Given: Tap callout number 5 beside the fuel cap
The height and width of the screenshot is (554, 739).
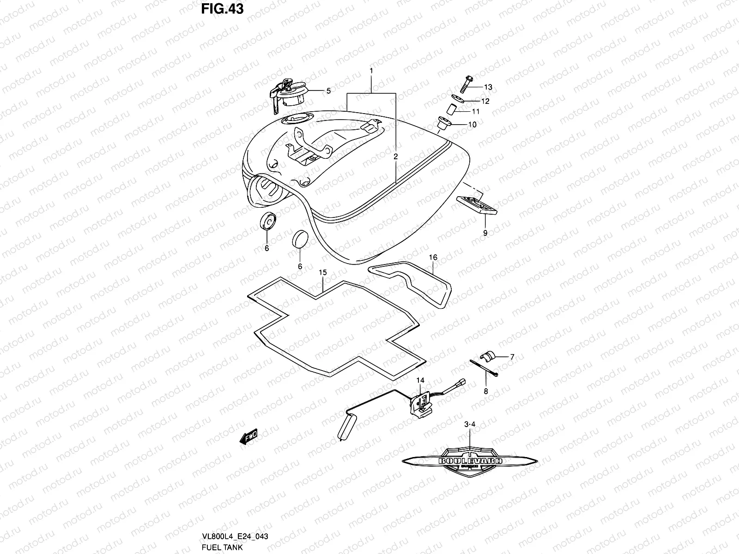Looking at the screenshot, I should (328, 91).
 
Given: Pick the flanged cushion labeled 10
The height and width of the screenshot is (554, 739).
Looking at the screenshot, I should (445, 124).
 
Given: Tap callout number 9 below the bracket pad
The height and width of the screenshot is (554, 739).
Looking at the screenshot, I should (485, 233).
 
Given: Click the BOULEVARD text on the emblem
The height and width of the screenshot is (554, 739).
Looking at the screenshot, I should (471, 461).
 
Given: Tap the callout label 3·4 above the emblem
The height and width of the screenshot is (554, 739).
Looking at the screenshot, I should (470, 423).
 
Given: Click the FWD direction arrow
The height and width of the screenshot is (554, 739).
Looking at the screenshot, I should (248, 437).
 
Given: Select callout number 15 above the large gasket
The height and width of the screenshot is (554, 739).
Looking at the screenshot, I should (323, 273).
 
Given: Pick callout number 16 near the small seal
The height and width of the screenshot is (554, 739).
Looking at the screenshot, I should (433, 257).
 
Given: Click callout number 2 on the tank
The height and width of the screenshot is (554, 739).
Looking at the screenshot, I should (396, 157).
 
